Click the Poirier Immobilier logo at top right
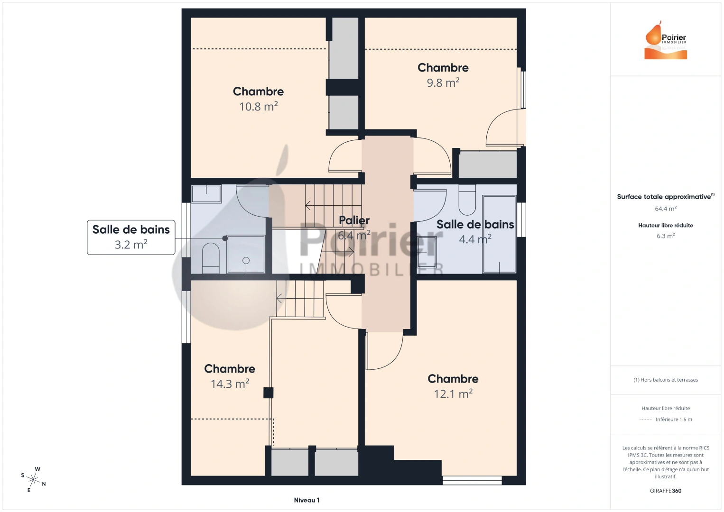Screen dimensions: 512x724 [666, 41]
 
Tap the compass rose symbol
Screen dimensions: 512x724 [34, 479]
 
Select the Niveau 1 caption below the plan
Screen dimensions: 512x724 [306, 500]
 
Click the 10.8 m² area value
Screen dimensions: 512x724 [258, 107]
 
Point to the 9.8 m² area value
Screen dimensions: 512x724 [443, 83]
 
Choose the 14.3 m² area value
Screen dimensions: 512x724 [230, 384]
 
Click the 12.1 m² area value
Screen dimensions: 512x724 [453, 394]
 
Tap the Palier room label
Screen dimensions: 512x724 [354, 220]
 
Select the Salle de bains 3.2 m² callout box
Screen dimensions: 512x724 [131, 237]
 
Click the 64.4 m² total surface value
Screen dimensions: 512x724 [666, 209]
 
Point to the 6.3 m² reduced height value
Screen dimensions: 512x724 [666, 236]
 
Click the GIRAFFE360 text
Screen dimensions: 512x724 [666, 491]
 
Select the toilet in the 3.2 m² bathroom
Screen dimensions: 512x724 [211, 258]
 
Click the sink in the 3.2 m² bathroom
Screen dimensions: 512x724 [206, 193]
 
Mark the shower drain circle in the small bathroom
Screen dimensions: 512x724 [246, 260]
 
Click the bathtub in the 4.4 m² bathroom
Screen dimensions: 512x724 [499, 235]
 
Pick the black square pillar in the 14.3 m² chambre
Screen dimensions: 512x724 [269, 393]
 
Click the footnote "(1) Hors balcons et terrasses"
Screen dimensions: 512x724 [666, 380]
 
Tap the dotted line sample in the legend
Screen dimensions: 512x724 [645, 420]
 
